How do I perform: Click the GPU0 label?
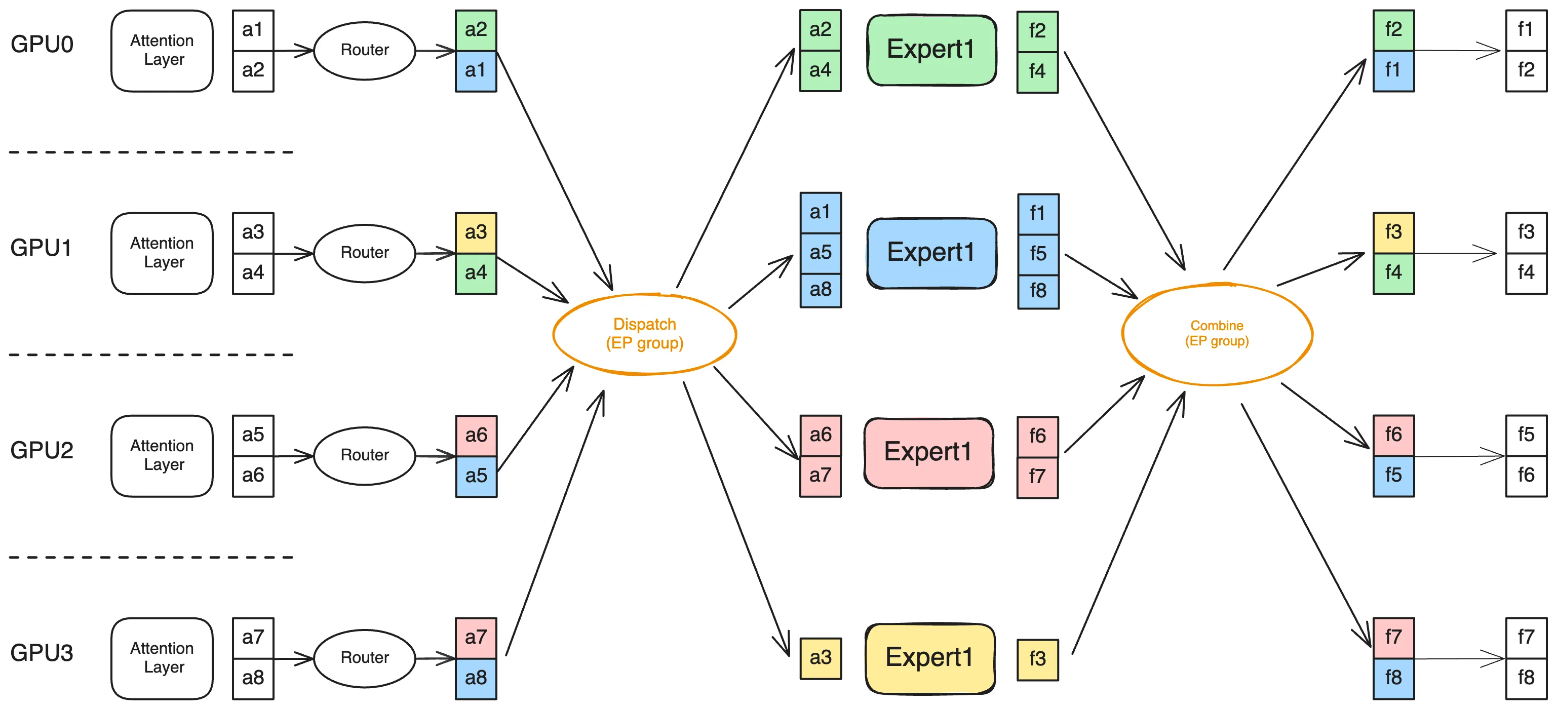click(x=42, y=44)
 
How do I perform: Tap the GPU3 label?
click(x=42, y=653)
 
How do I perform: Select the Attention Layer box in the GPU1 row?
click(x=162, y=253)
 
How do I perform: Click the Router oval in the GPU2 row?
click(x=365, y=456)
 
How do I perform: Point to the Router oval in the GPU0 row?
click(x=365, y=51)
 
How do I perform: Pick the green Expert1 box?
click(x=931, y=50)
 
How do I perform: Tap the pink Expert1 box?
click(x=929, y=453)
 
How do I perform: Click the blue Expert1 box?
click(x=931, y=253)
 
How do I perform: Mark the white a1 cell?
click(x=253, y=30)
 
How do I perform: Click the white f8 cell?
click(x=1526, y=678)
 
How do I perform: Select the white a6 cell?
click(x=253, y=476)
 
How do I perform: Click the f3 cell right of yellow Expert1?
click(x=1038, y=659)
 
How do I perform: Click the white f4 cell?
click(x=1526, y=273)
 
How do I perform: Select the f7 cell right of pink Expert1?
click(x=1038, y=478)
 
